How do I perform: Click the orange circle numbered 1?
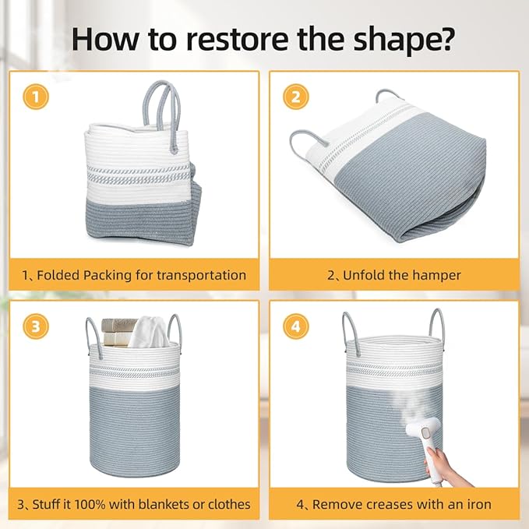[36, 97]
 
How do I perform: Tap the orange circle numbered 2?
[295, 97]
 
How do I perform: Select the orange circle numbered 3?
[36, 326]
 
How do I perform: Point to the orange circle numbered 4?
[295, 326]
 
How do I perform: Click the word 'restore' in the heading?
[237, 39]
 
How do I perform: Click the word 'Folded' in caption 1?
[58, 275]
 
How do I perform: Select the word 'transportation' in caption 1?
[202, 275]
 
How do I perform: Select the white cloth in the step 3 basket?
[149, 333]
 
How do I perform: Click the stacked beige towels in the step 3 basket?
[118, 332]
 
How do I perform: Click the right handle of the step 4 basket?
[437, 324]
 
